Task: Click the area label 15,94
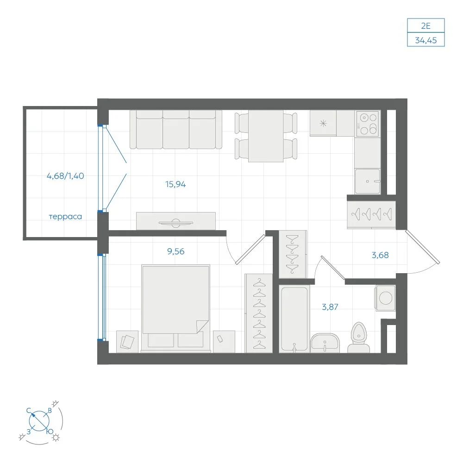(x=175, y=184)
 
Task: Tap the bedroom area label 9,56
(x=175, y=251)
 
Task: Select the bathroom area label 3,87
(x=330, y=307)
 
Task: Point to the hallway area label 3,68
(x=380, y=255)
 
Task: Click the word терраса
(x=65, y=217)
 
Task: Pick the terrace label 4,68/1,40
(x=65, y=176)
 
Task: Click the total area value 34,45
(x=426, y=40)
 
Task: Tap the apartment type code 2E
(x=426, y=25)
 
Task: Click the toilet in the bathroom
(x=358, y=338)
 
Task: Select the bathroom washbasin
(x=325, y=343)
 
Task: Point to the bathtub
(x=294, y=319)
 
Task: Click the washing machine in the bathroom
(x=385, y=298)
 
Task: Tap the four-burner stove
(x=368, y=124)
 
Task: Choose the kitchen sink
(x=367, y=181)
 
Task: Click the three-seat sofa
(x=175, y=130)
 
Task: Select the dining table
(x=266, y=136)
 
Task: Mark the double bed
(x=175, y=308)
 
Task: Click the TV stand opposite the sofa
(x=175, y=221)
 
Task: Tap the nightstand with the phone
(x=224, y=342)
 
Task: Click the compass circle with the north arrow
(x=39, y=421)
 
